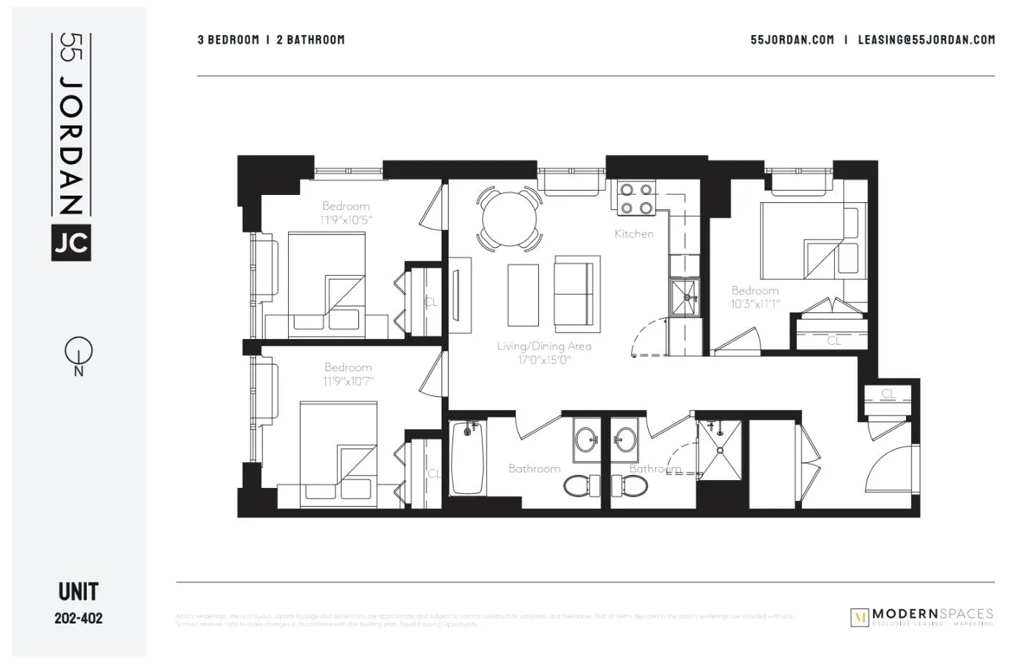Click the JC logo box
click(x=71, y=242)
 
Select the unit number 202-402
click(x=78, y=618)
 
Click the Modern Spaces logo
click(x=922, y=617)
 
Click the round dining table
click(x=509, y=218)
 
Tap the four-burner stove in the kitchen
click(x=636, y=198)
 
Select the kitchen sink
click(x=684, y=297)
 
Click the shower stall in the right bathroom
click(x=719, y=450)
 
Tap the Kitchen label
click(x=634, y=234)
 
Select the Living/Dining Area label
click(x=544, y=346)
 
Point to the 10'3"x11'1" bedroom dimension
click(x=755, y=304)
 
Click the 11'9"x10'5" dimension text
click(x=346, y=220)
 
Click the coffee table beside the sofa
click(x=522, y=295)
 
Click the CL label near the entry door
click(x=888, y=393)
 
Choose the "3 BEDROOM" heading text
click(x=228, y=40)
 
